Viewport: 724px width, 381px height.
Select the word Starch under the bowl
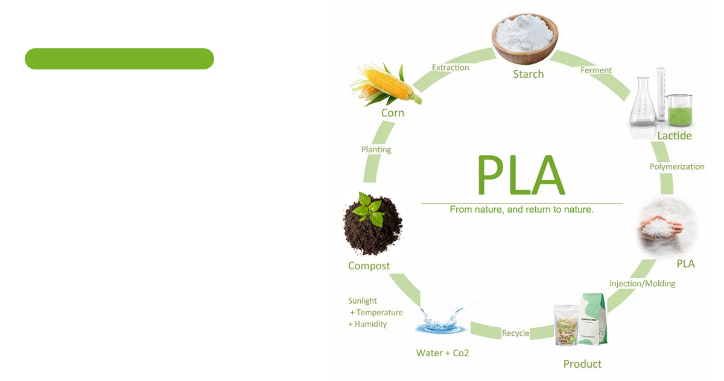528,74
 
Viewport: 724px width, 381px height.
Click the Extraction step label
450,68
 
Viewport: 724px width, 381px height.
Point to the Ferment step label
595,71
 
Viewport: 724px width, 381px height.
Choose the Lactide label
674,136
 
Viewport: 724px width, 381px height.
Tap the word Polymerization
676,167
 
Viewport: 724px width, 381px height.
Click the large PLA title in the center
521,175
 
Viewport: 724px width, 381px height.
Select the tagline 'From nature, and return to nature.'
521,210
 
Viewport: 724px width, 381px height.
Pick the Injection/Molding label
642,283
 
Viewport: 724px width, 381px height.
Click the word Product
582,363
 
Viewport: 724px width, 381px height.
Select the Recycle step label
515,333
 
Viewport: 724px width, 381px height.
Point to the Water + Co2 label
442,353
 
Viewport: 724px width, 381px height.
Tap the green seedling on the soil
369,208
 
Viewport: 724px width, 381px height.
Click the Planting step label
376,150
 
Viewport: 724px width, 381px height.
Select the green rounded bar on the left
119,59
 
